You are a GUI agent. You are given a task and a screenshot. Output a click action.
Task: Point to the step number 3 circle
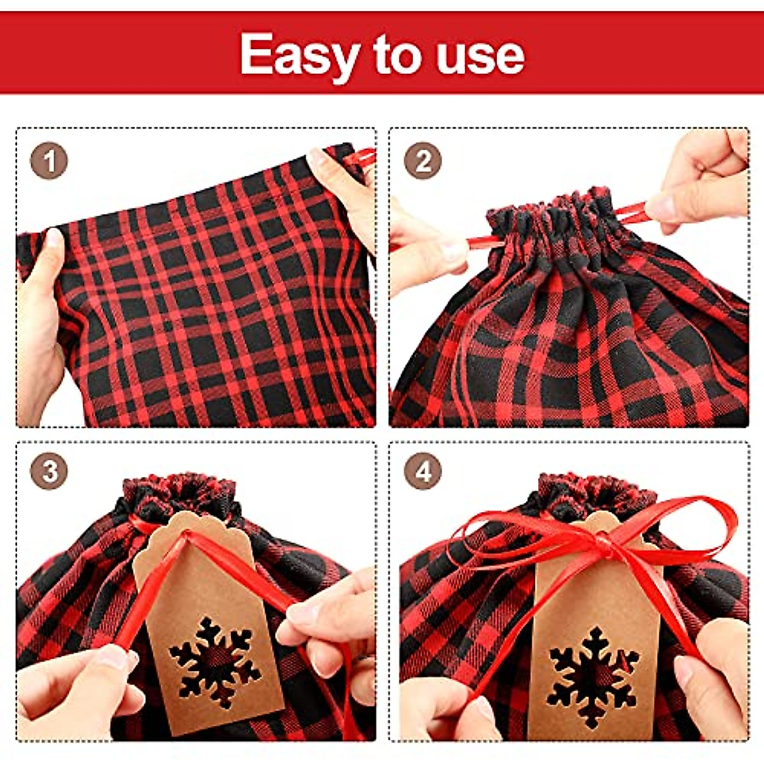49,472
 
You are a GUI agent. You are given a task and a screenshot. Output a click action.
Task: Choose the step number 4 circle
423,472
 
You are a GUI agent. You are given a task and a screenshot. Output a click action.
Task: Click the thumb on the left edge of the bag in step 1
52,255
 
